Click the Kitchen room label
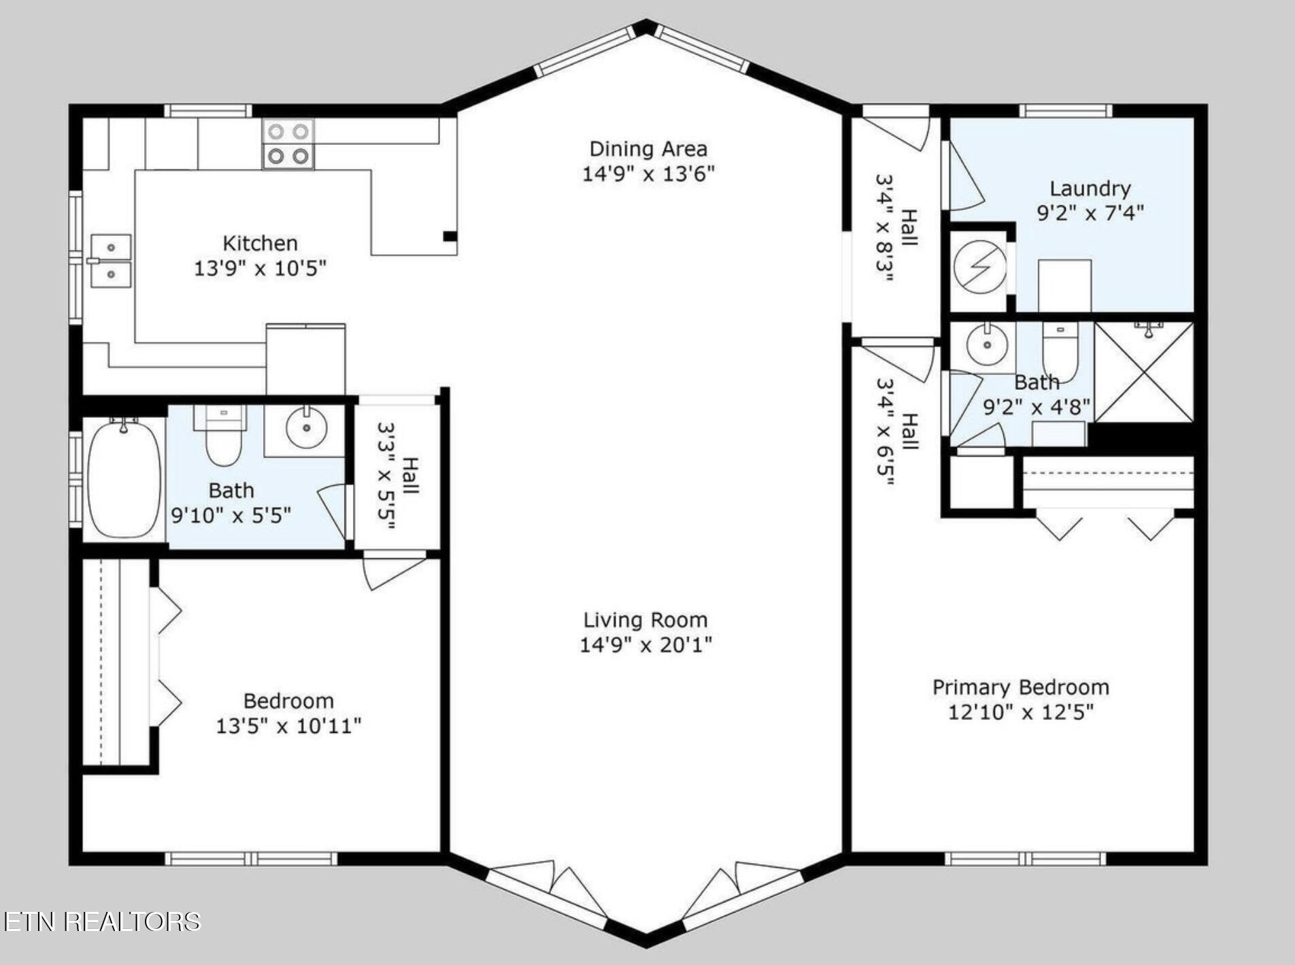coord(260,243)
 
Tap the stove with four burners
coord(288,144)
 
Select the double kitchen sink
coord(111,261)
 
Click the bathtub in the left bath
coord(124,479)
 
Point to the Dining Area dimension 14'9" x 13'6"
coord(647,174)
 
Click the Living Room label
coord(645,620)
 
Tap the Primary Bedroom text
coord(1020,687)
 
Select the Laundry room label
coord(1090,189)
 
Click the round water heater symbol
coord(979,267)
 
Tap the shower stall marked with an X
coord(1144,372)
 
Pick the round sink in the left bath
coord(306,427)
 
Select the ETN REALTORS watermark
coord(102,921)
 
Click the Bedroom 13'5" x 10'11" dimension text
coord(288,726)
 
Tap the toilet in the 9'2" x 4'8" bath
coord(1060,350)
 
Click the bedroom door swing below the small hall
coord(391,572)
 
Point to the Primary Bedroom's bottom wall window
coord(1025,858)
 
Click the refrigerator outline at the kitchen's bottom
coord(305,359)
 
